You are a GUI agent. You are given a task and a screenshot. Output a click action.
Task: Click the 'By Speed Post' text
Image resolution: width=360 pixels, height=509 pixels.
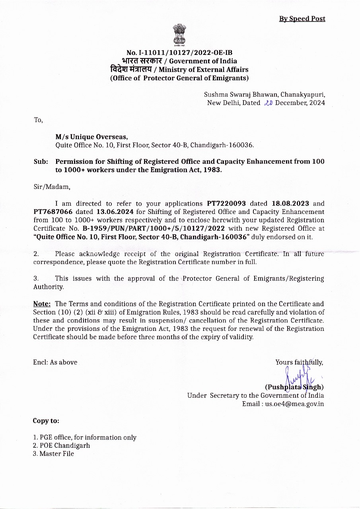click(x=302, y=19)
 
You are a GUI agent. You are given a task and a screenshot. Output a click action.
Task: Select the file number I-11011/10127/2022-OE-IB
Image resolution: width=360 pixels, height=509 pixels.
click(x=179, y=53)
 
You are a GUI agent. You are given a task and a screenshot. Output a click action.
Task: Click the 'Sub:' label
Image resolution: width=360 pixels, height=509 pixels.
click(x=41, y=162)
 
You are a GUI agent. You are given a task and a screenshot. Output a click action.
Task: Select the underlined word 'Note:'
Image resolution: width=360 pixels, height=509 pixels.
click(x=42, y=304)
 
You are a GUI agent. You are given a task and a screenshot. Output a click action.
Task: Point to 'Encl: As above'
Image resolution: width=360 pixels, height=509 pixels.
click(x=55, y=362)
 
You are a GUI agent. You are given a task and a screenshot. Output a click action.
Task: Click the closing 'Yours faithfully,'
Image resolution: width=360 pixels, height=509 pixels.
click(x=299, y=362)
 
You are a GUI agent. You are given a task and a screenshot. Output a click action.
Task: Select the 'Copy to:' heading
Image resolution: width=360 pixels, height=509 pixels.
click(x=46, y=421)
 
